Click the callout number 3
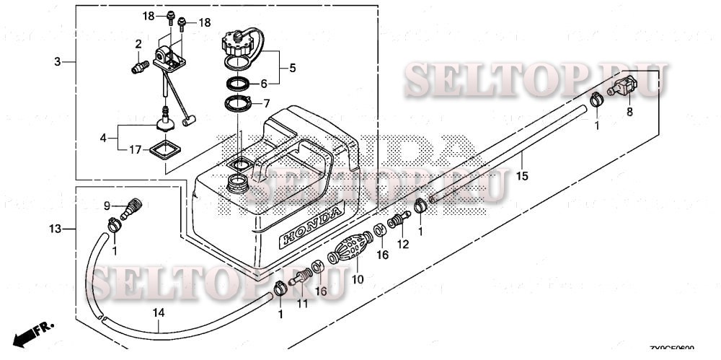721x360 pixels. (x=58, y=62)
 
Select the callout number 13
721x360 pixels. (x=56, y=229)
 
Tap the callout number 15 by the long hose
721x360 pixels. (x=523, y=175)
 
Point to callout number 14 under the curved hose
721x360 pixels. (x=159, y=313)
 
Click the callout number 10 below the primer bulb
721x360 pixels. (x=357, y=278)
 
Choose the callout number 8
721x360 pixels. (x=629, y=112)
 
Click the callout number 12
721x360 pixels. (x=403, y=244)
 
